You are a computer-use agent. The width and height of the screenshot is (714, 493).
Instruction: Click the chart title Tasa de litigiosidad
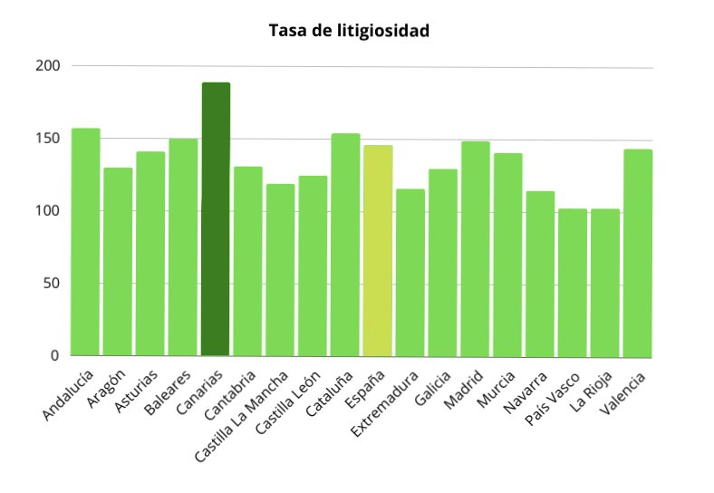point(349,31)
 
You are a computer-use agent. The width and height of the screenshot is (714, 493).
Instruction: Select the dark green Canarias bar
point(216,219)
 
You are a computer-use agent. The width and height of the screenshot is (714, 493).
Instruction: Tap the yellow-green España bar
point(378,250)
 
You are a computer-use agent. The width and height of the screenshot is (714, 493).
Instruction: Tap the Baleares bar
point(183,246)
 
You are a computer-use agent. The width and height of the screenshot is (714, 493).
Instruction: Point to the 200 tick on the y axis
point(49,66)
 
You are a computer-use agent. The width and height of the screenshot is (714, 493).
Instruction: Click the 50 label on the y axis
point(53,284)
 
